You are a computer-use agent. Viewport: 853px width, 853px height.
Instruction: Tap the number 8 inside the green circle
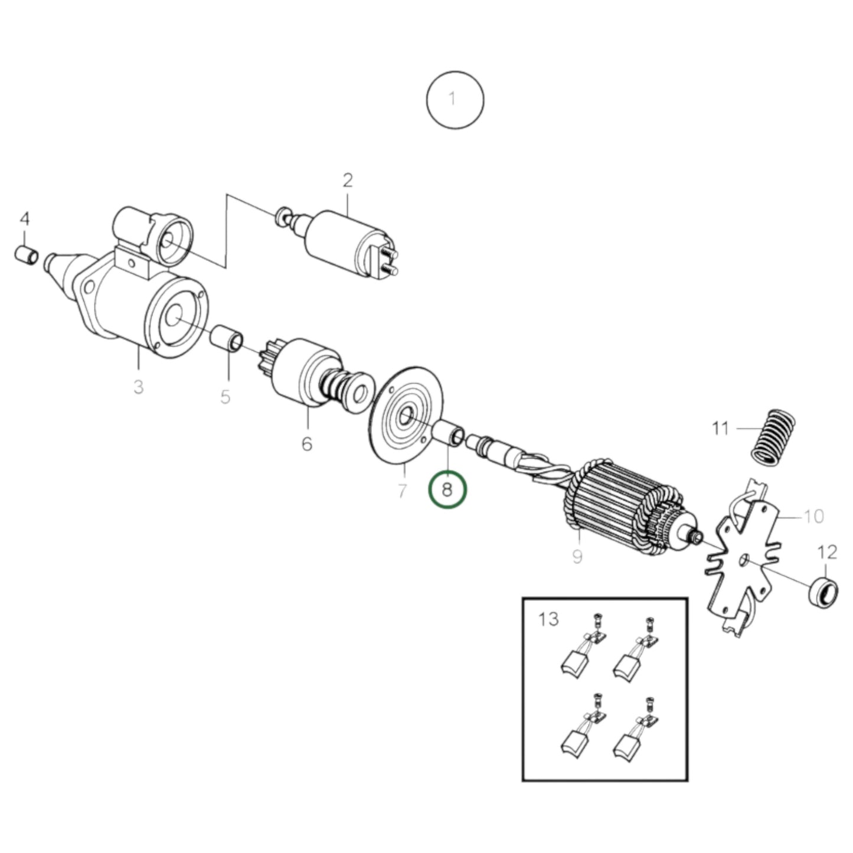click(x=447, y=489)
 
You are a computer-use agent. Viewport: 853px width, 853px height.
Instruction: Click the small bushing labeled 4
click(x=27, y=255)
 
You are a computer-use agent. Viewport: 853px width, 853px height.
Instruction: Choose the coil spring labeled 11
click(x=772, y=434)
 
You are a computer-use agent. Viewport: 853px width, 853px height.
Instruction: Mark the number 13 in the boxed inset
click(x=548, y=619)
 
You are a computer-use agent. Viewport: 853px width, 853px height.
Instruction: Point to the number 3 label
click(x=138, y=387)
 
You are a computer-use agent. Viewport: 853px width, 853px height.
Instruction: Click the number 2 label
click(x=348, y=180)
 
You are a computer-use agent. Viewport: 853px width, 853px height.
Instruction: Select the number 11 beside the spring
click(x=720, y=427)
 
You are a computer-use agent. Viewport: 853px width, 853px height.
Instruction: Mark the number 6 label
click(x=307, y=443)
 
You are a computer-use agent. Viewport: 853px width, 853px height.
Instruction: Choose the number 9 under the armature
click(x=577, y=555)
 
